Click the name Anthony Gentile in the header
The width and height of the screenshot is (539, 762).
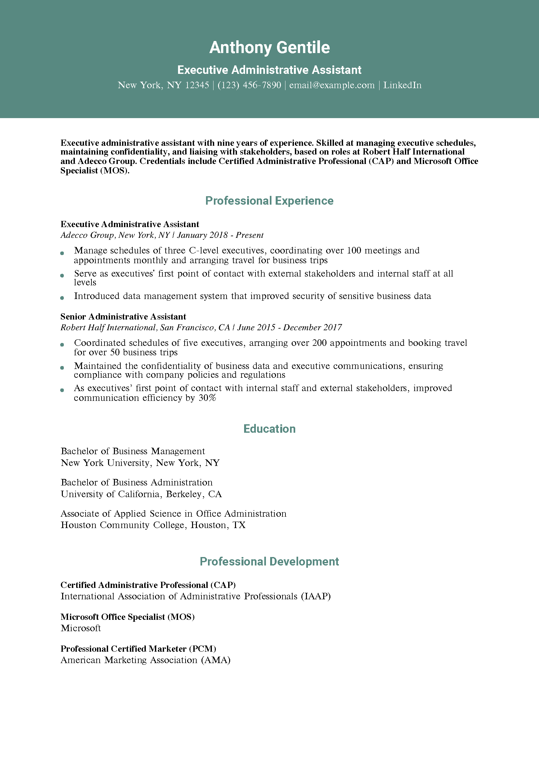click(269, 48)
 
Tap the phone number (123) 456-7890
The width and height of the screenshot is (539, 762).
click(249, 85)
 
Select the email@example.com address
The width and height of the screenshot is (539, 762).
click(332, 85)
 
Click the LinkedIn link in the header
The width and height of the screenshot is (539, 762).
click(402, 85)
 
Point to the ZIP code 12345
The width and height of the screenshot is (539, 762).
click(197, 85)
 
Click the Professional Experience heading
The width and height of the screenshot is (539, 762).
click(269, 201)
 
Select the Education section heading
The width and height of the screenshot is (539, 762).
click(269, 429)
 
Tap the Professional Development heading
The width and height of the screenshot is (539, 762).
click(269, 562)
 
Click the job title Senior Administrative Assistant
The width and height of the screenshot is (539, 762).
click(123, 317)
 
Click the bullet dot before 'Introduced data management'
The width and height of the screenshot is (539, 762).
click(62, 298)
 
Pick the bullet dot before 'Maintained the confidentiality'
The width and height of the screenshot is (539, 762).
click(62, 368)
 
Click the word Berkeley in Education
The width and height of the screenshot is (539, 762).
click(184, 494)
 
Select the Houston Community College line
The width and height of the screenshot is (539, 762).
click(153, 525)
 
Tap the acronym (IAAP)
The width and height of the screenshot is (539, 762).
click(316, 596)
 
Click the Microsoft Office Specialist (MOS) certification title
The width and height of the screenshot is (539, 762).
click(128, 617)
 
